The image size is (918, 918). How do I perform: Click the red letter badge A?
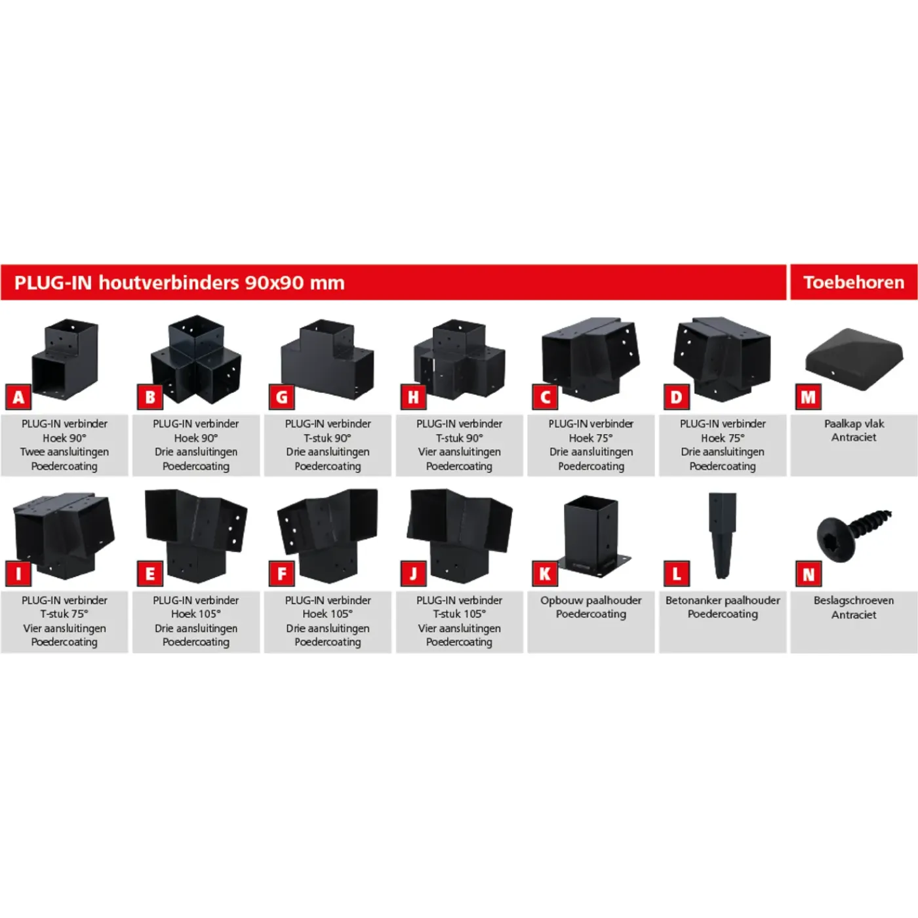point(18,397)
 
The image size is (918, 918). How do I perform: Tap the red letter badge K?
point(545,574)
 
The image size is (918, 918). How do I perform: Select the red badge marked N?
point(808,574)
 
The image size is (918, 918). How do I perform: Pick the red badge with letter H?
point(413,397)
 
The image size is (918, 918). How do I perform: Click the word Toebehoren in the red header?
point(854,283)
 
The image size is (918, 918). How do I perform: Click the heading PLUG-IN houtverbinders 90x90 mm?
point(179,283)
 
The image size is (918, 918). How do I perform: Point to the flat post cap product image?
point(854,358)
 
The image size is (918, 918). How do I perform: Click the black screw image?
point(854,536)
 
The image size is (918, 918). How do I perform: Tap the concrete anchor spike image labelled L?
point(722,536)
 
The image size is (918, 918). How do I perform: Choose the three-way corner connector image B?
point(196,359)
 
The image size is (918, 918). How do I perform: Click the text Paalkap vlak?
point(854,424)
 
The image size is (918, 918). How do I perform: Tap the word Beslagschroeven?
point(854,600)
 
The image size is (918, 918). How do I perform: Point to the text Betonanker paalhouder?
point(723,600)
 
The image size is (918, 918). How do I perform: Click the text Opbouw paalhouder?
point(591,600)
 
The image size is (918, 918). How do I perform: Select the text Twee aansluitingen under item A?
point(64,452)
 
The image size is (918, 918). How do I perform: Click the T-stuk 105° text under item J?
point(459,614)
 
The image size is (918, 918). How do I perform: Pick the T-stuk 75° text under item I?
point(64,614)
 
